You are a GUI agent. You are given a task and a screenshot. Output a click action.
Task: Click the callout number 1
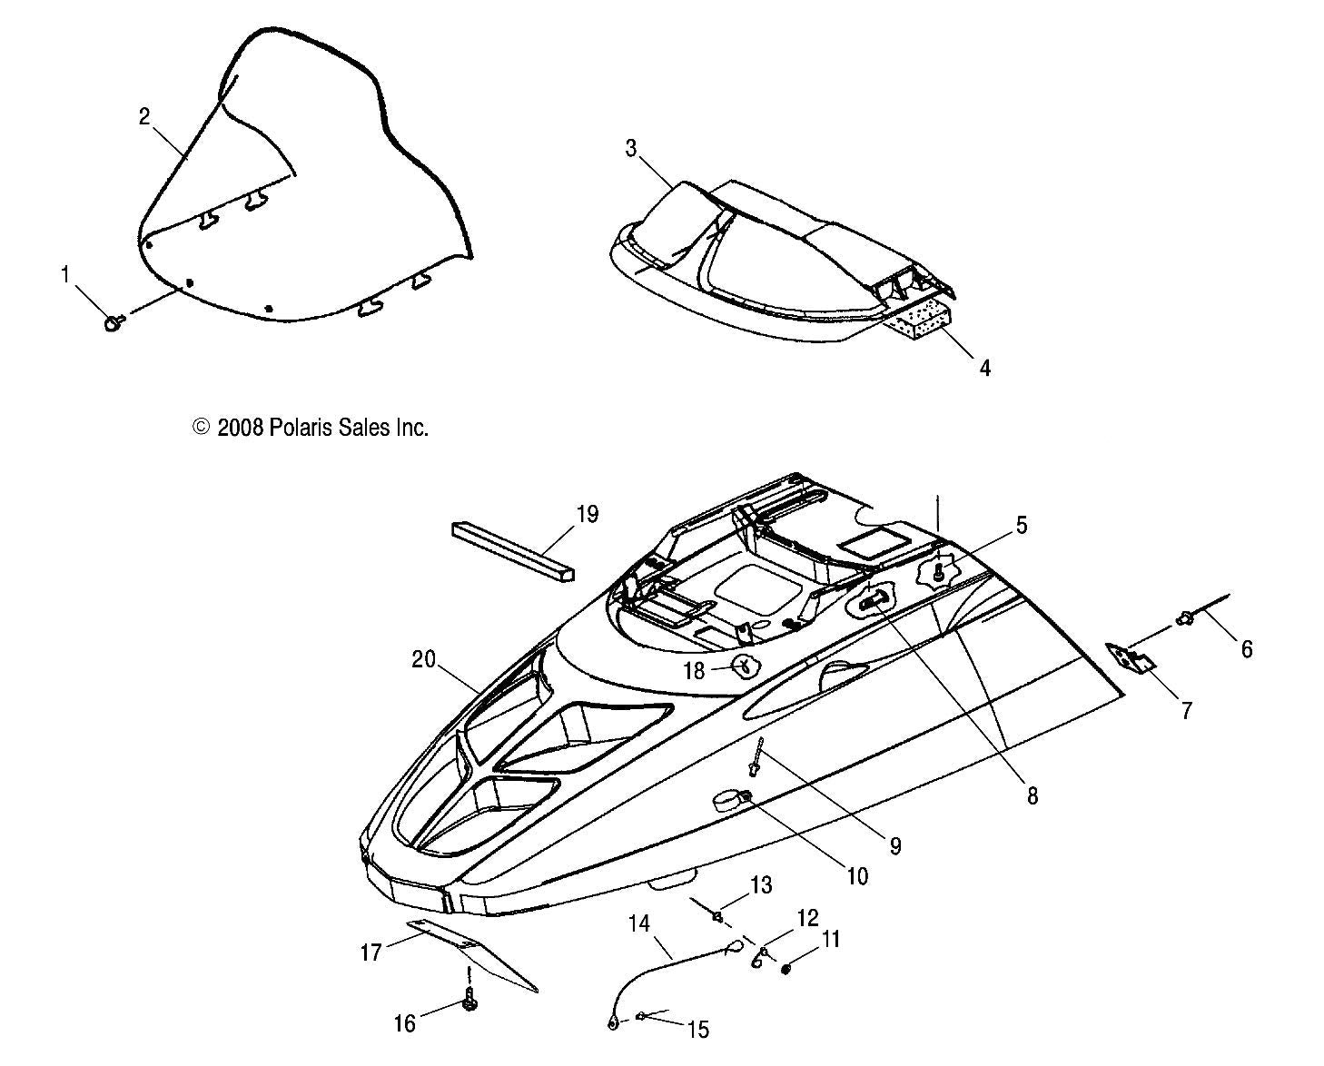coord(64,273)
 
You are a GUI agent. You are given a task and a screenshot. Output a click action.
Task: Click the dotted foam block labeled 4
coord(920,323)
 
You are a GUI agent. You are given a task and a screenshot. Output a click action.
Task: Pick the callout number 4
coord(983,368)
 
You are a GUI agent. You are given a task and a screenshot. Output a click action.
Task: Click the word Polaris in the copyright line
coord(304,428)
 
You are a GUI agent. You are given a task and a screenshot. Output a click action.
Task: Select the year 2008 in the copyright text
coord(240,428)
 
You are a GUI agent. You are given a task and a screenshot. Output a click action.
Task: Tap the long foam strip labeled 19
coord(514,548)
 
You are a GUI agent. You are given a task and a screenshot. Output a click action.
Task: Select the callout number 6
coord(1246,648)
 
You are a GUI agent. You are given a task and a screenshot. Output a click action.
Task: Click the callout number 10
coord(856,875)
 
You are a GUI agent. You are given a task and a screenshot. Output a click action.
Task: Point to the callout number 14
coord(638,924)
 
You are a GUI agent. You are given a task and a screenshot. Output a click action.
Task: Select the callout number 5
coord(1021,525)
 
